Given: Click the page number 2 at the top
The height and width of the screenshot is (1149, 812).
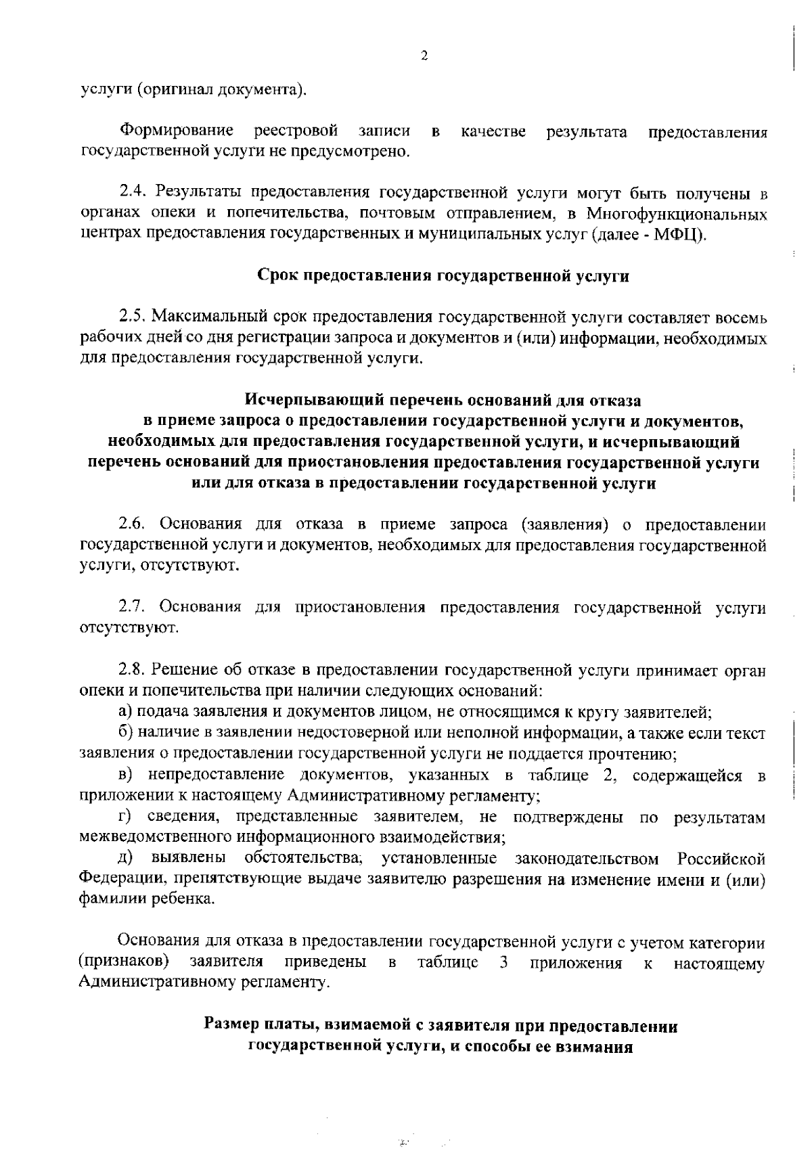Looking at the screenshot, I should [x=424, y=56].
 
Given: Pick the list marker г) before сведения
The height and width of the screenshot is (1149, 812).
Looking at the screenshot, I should [x=124, y=817].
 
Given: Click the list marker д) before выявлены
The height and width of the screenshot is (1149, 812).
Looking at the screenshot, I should [x=125, y=859].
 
